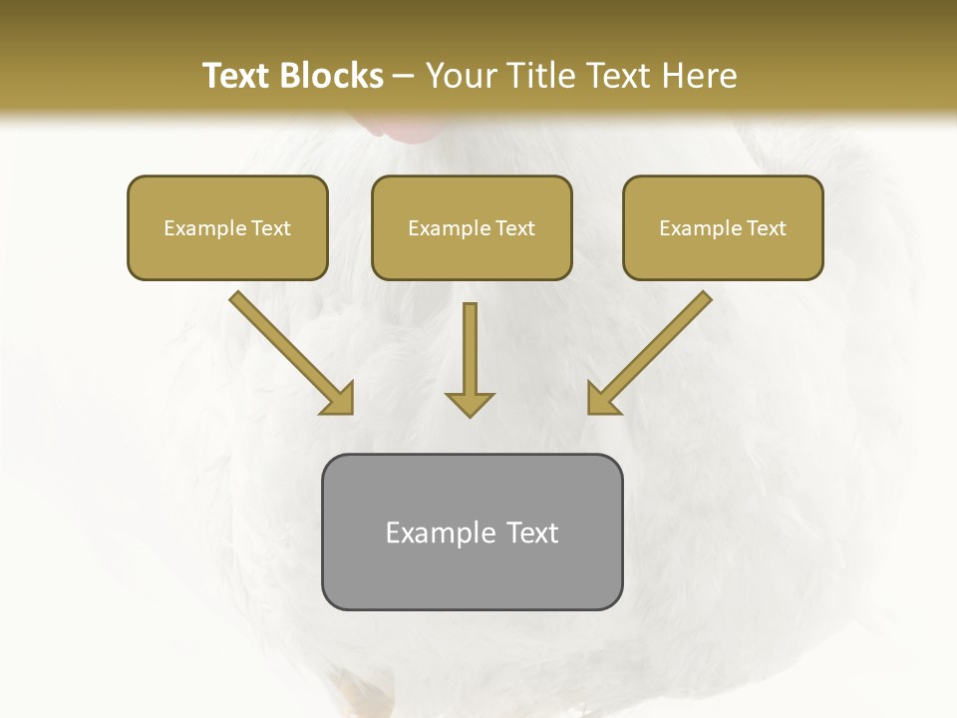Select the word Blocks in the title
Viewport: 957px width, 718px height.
point(331,76)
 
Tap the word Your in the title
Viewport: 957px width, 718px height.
point(463,76)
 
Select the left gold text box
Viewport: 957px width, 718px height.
point(227,227)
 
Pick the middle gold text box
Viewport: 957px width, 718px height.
point(472,227)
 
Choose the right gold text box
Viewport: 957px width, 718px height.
point(723,227)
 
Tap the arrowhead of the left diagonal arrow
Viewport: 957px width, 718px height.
point(339,399)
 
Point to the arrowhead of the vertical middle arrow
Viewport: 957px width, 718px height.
point(470,404)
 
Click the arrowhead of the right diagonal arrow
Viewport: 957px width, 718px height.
point(602,399)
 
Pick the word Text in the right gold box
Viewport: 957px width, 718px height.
point(766,228)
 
